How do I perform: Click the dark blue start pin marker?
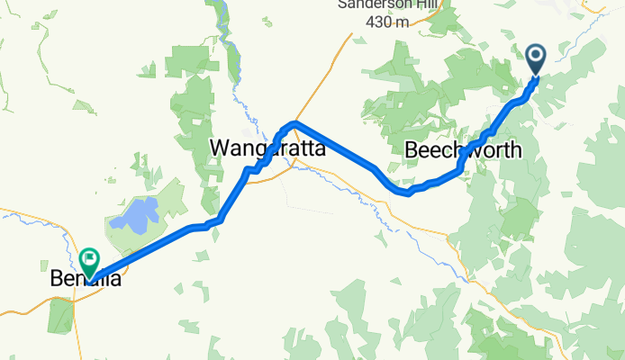click(535, 58)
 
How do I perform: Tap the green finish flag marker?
click(90, 261)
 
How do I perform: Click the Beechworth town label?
click(463, 150)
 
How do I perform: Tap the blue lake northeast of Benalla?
click(134, 214)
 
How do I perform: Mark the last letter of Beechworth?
click(515, 150)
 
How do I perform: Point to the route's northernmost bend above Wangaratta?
click(294, 121)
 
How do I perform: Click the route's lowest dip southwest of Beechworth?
click(407, 192)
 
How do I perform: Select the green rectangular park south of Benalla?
click(60, 313)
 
